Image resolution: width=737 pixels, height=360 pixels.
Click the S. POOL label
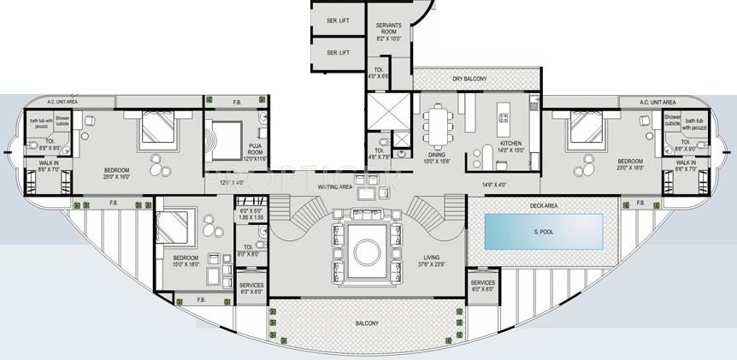(543, 232)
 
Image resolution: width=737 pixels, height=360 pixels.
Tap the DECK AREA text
(543, 205)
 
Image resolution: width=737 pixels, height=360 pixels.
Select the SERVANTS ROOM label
(388, 30)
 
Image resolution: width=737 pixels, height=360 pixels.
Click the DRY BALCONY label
(469, 80)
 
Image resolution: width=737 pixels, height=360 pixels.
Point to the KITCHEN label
(510, 144)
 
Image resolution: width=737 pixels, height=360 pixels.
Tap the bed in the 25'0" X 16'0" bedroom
(157, 128)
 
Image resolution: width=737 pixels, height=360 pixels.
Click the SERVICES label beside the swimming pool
(482, 285)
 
